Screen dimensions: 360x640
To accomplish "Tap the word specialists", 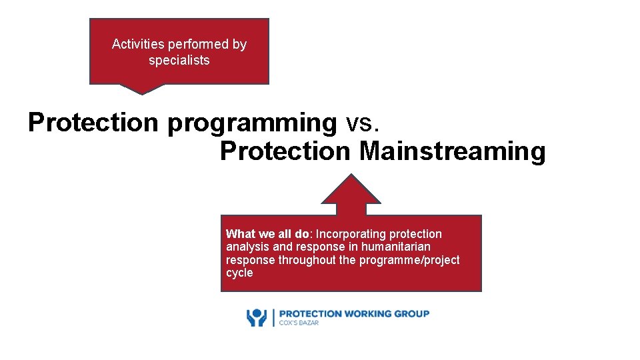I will pyautogui.click(x=179, y=61).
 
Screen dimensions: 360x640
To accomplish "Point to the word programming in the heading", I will pyautogui.click(x=253, y=123).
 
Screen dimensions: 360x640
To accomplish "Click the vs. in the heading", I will pyautogui.click(x=363, y=123).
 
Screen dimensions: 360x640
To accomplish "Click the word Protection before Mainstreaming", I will pyautogui.click(x=285, y=152).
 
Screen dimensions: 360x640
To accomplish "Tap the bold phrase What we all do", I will pyautogui.click(x=267, y=234).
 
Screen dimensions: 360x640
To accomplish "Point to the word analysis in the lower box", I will pyautogui.click(x=249, y=247).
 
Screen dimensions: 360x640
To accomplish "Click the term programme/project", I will pyautogui.click(x=409, y=260).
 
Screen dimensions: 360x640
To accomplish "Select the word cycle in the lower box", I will pyautogui.click(x=239, y=273).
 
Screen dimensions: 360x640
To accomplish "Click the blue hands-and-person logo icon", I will pyautogui.click(x=257, y=317).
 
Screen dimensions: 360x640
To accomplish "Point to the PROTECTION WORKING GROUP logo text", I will pyautogui.click(x=353, y=313).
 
